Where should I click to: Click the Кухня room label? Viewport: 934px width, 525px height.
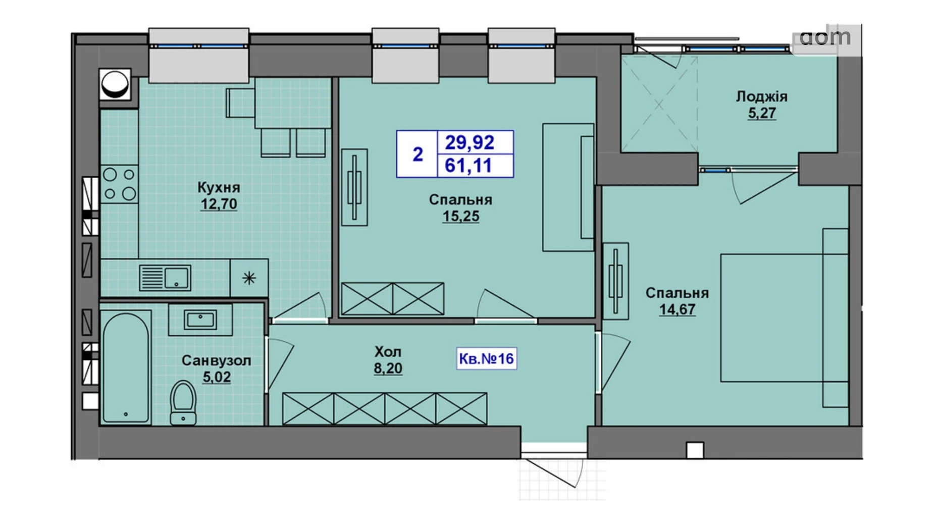(218, 187)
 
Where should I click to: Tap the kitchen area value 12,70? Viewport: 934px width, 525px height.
(219, 204)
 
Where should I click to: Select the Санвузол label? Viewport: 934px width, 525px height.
(216, 360)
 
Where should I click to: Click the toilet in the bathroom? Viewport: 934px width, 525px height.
(183, 402)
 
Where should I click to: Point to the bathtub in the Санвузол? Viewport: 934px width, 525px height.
(126, 367)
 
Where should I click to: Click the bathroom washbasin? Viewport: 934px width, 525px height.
(200, 320)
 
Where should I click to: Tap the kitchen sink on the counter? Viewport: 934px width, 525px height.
(165, 278)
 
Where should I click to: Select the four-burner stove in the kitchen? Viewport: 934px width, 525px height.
(119, 184)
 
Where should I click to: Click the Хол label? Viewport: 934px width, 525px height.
(388, 351)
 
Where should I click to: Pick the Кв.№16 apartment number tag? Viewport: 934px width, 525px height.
(486, 358)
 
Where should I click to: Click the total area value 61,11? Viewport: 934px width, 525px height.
(468, 166)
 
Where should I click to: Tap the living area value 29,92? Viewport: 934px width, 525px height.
(469, 143)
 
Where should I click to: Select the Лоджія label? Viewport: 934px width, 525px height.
(761, 96)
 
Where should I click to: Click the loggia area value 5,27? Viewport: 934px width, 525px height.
(762, 113)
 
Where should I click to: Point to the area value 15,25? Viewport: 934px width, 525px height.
(460, 216)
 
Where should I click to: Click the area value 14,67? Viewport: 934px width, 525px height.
(677, 309)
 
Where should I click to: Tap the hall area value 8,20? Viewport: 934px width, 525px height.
(388, 369)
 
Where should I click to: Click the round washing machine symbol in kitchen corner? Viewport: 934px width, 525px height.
(115, 84)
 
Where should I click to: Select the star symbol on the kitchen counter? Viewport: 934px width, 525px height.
(249, 278)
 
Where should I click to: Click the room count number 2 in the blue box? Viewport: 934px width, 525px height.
(418, 154)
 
